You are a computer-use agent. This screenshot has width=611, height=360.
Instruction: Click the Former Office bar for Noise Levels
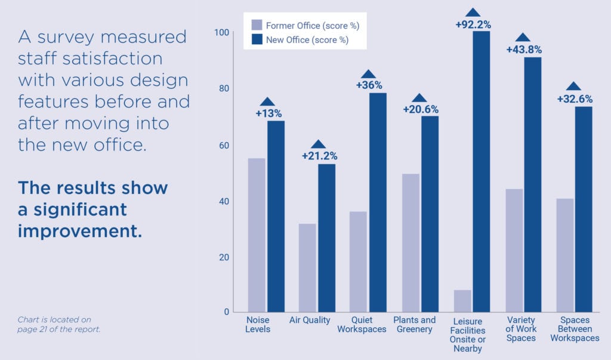pyautogui.click(x=257, y=235)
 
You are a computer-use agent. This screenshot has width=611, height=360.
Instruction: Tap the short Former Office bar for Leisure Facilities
pyautogui.click(x=462, y=301)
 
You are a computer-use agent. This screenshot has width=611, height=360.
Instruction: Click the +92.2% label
pyautogui.click(x=473, y=24)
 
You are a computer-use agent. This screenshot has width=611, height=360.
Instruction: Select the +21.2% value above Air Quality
pyautogui.click(x=319, y=156)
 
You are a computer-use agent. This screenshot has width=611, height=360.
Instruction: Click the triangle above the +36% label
pyautogui.click(x=369, y=74)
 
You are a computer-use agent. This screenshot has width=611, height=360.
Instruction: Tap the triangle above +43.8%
pyautogui.click(x=523, y=38)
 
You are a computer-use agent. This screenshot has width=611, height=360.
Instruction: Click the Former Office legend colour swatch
pyautogui.click(x=257, y=26)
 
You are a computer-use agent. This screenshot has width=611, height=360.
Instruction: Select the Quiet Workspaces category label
pyautogui.click(x=361, y=325)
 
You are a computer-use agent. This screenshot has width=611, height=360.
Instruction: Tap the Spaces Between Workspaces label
pyautogui.click(x=574, y=329)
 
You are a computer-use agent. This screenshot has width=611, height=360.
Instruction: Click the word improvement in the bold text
pyautogui.click(x=80, y=230)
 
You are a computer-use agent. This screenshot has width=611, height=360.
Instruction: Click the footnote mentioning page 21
pyautogui.click(x=59, y=324)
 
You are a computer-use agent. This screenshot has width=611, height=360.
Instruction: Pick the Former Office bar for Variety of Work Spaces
pyautogui.click(x=514, y=250)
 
